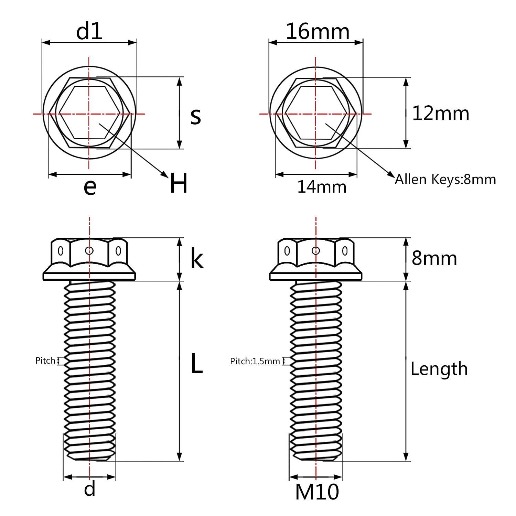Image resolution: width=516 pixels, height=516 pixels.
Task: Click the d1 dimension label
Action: [x=89, y=31]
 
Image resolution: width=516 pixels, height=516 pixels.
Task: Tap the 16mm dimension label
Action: [x=318, y=31]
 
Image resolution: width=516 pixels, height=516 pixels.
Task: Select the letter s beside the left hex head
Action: [x=195, y=116]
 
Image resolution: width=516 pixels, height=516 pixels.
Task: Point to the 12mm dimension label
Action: [x=441, y=113]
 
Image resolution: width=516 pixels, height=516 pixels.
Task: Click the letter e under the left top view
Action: [x=90, y=187]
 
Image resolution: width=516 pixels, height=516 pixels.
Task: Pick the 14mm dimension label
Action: [x=322, y=187]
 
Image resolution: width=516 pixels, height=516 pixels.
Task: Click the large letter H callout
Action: [x=179, y=183]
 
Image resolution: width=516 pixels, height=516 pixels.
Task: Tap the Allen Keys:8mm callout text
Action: [x=445, y=179]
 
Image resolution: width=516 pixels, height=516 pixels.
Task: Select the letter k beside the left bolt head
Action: [x=197, y=259]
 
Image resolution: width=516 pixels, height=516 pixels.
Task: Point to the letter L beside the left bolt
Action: [x=196, y=364]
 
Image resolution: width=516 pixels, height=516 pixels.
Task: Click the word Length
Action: [x=439, y=369]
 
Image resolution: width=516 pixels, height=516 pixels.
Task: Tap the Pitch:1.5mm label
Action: [x=255, y=361]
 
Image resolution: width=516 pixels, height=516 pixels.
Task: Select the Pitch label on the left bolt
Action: [x=45, y=361]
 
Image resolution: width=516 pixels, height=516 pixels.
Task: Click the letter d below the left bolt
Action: [x=90, y=488]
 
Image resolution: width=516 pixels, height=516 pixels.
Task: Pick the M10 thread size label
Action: [x=317, y=492]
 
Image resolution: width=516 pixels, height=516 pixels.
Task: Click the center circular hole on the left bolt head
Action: [x=89, y=250]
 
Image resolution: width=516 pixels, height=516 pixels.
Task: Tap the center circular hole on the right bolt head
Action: [x=316, y=250]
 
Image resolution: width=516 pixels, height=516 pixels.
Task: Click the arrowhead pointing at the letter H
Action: [x=165, y=175]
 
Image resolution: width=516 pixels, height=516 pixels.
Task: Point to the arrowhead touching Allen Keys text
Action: [x=392, y=174]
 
